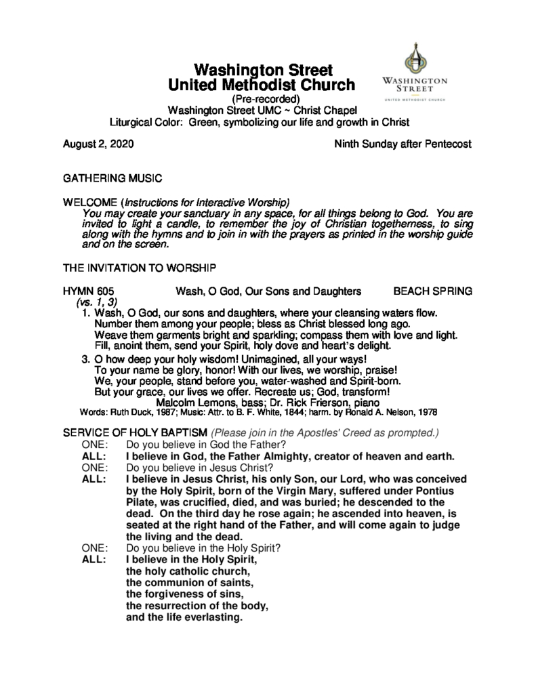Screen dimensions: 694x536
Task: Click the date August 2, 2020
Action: (98, 144)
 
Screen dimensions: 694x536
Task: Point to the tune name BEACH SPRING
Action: (432, 291)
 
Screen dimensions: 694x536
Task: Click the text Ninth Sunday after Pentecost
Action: (403, 144)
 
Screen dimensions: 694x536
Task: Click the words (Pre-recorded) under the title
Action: (262, 99)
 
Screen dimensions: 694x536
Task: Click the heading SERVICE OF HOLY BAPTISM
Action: (136, 432)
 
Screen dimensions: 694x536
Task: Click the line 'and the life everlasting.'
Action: (184, 617)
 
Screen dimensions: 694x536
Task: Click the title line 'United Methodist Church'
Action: (262, 85)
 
